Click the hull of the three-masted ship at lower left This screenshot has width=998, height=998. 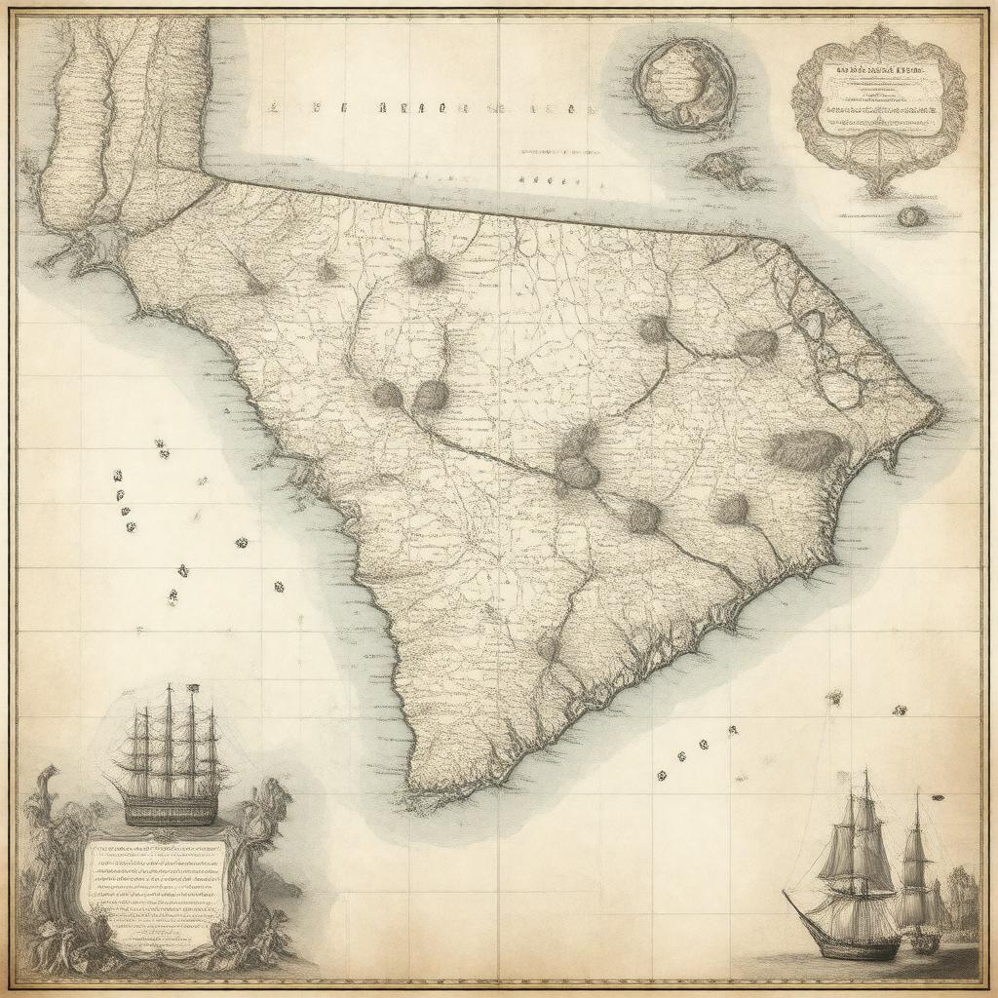[x=171, y=808]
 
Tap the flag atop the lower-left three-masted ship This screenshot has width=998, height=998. [x=192, y=689]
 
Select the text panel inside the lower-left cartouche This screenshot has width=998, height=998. [x=156, y=882]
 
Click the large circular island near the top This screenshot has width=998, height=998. [x=684, y=86]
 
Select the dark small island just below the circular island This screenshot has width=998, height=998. [x=726, y=170]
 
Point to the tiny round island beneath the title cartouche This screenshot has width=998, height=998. [x=910, y=216]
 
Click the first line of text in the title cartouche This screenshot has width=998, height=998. [x=879, y=71]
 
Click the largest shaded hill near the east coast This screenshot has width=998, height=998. [x=806, y=449]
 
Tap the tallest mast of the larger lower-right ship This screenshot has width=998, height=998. [x=864, y=828]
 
